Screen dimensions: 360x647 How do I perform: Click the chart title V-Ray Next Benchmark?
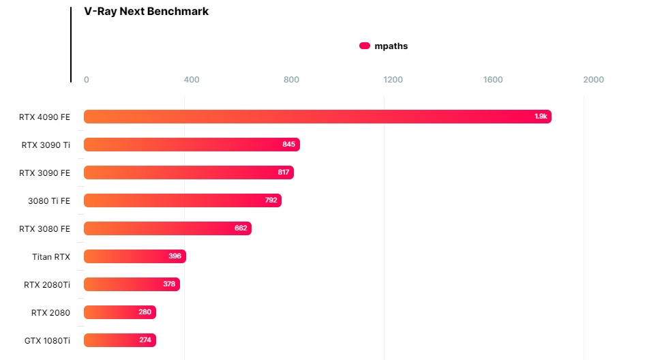[x=146, y=12]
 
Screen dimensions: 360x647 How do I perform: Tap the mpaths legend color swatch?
[x=365, y=46]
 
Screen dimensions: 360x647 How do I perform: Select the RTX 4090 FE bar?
[x=317, y=117]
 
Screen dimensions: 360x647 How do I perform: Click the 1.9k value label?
[x=541, y=117]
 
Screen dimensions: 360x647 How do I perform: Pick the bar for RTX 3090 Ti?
[x=192, y=145]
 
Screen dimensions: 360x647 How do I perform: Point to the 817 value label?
[x=284, y=172]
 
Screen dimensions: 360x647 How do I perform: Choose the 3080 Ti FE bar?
[x=183, y=200]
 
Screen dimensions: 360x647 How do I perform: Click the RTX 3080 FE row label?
[x=45, y=228]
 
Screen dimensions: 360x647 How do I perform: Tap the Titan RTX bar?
[x=135, y=256]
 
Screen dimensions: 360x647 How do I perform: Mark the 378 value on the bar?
[x=169, y=284]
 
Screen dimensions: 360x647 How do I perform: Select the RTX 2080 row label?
[x=50, y=312]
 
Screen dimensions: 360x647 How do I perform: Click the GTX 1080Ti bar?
[x=120, y=340]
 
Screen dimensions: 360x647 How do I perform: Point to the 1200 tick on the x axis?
[x=393, y=80]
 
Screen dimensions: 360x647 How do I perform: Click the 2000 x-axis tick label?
[x=593, y=80]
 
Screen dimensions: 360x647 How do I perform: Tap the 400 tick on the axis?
[x=192, y=80]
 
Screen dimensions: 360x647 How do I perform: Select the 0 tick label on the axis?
[x=87, y=80]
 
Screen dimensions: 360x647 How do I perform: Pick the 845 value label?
[x=289, y=145]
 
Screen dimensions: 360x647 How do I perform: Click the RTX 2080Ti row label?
[x=47, y=284]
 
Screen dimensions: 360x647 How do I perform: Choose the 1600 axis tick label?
[x=493, y=80]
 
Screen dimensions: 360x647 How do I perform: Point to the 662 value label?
[x=241, y=228]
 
